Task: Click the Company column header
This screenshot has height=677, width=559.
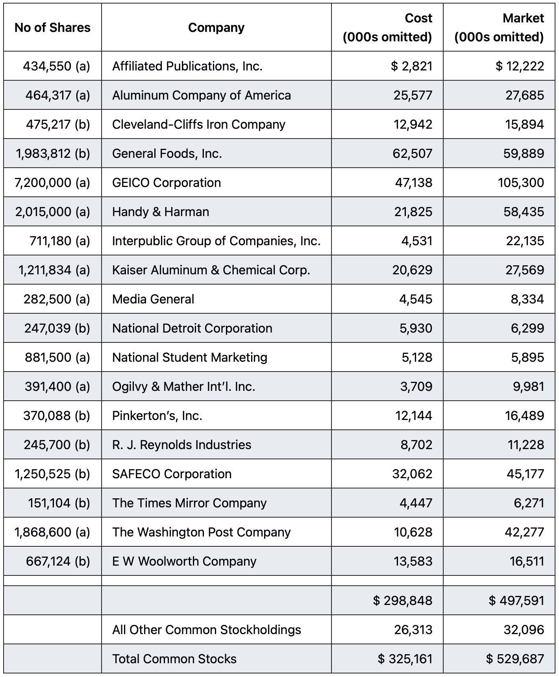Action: click(216, 28)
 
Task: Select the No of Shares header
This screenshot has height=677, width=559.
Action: click(52, 28)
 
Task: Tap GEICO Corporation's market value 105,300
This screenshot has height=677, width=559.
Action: click(521, 183)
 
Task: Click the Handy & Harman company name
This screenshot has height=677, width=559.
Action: click(161, 212)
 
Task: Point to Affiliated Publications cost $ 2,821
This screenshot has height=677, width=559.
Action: click(411, 66)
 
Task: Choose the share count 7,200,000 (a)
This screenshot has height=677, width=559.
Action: click(52, 183)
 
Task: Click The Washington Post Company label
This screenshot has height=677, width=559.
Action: click(201, 532)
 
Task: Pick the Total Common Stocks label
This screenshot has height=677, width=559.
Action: click(174, 659)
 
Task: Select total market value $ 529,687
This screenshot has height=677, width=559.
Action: click(515, 659)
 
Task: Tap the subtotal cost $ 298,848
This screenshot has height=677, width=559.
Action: click(403, 601)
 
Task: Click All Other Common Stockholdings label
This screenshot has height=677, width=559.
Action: click(206, 630)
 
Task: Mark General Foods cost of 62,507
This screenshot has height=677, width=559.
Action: click(412, 154)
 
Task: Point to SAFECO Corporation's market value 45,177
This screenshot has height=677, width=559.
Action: click(525, 474)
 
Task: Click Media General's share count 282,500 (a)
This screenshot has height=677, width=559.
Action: click(57, 299)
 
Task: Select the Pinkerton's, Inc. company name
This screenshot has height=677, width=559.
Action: click(157, 416)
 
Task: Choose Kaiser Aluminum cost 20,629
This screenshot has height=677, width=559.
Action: click(412, 270)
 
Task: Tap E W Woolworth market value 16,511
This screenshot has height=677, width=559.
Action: click(527, 561)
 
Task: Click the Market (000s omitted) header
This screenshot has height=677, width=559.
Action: click(499, 28)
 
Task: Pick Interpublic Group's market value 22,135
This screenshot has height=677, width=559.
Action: click(525, 241)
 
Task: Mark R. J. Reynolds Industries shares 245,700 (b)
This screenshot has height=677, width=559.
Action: click(57, 445)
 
